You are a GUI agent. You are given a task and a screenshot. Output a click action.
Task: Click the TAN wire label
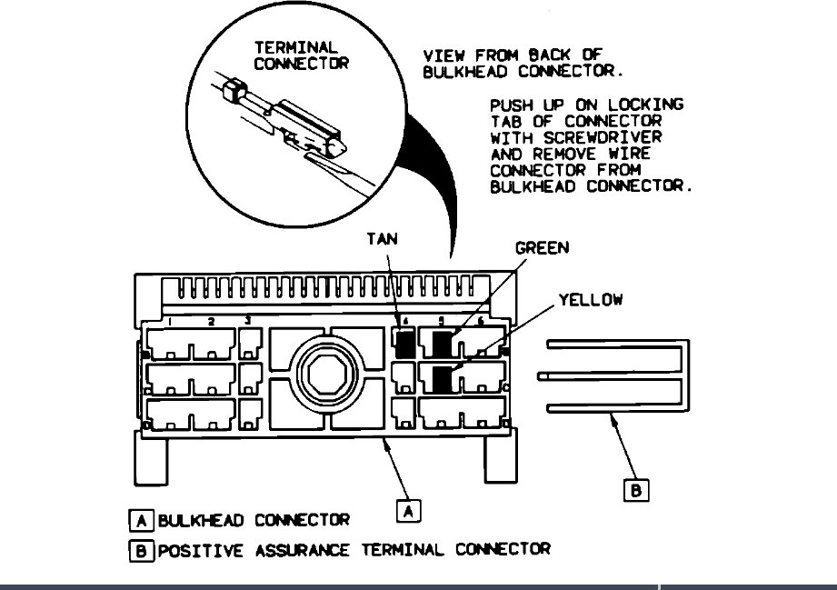point(382,239)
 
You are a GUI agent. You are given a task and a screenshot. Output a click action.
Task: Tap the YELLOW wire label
point(591,299)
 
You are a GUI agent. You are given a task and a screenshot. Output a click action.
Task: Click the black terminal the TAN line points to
point(405,343)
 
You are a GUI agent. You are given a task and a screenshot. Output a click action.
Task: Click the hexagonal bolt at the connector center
point(324,373)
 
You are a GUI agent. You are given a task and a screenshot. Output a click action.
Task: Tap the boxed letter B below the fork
point(635,490)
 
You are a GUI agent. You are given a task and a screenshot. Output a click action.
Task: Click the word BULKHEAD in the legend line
point(203,521)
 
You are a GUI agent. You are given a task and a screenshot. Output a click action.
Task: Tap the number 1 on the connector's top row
point(170,322)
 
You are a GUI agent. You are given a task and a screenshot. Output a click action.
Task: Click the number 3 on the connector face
point(248,321)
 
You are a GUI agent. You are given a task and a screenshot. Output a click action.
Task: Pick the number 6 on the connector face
point(480,321)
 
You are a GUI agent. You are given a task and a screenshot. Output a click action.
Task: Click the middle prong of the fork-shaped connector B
point(609,376)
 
